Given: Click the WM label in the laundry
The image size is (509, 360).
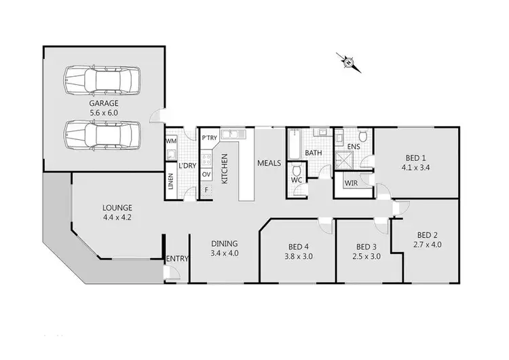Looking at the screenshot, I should pos(171,141).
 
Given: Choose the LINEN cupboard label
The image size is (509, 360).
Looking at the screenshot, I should pos(170,181).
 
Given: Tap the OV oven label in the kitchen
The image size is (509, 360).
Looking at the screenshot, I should pos(207,174).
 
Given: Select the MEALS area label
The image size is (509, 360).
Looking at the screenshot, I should pos(269,163).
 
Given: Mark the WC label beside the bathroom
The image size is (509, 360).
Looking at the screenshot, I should pos(297,181).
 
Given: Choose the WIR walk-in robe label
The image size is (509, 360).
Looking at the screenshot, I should pos(350,183).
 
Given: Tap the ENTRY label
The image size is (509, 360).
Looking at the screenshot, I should pos(177,258).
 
